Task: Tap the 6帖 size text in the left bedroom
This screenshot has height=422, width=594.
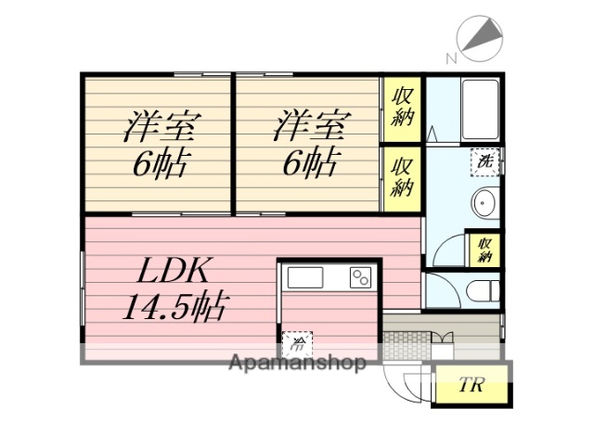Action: coord(160,165)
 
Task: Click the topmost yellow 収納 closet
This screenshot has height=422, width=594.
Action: coord(402,109)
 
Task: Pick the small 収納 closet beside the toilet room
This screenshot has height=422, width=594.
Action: coord(485,249)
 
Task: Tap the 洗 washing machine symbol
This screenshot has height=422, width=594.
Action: coord(485,160)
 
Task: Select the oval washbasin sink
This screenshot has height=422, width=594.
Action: coord(484,202)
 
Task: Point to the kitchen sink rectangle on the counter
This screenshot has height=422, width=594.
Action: coord(304,276)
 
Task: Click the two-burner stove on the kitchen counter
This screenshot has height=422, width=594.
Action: coord(359,276)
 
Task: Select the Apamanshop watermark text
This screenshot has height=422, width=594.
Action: coord(297,363)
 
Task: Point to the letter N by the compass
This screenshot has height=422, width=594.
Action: coord(451,58)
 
